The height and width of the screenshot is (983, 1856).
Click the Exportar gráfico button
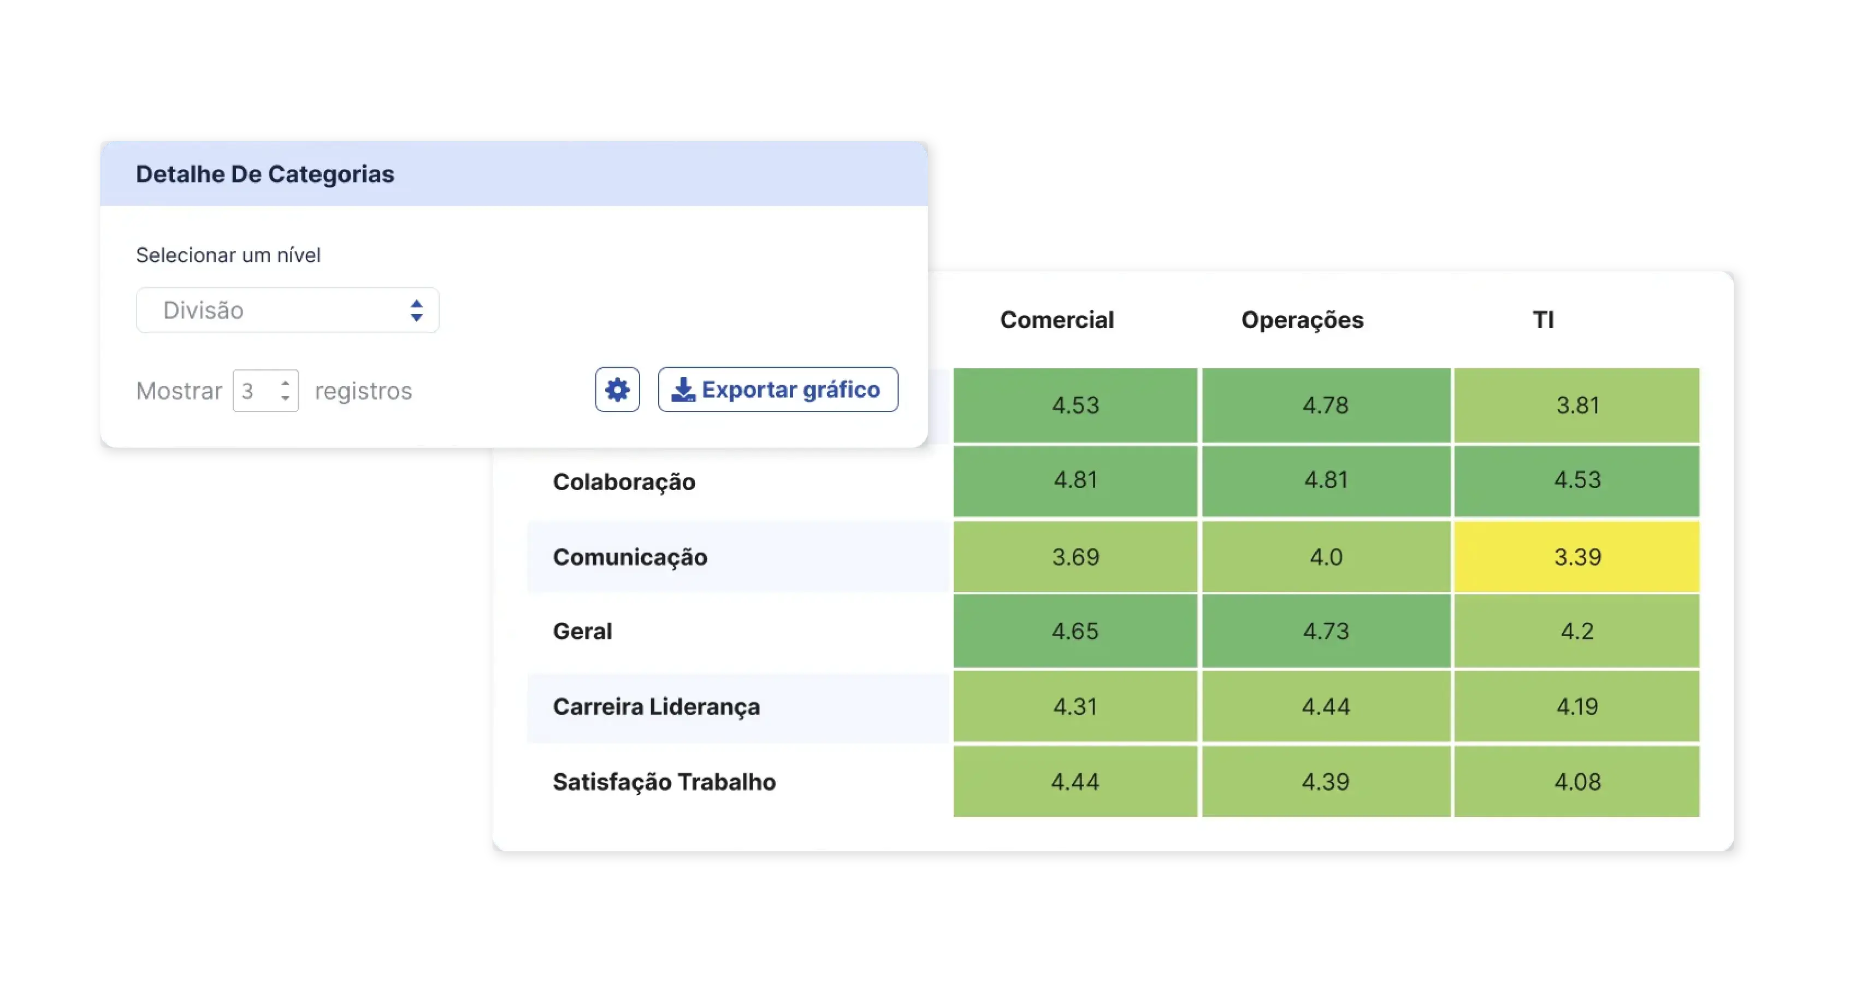tap(777, 390)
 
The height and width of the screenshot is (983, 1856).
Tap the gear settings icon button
tap(617, 390)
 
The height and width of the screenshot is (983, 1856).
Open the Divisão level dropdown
tap(287, 310)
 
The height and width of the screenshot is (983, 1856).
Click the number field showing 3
tap(264, 391)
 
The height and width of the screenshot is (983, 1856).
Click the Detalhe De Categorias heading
tap(264, 174)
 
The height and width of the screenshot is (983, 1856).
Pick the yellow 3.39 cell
tap(1576, 557)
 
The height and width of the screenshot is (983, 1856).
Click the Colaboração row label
tap(624, 482)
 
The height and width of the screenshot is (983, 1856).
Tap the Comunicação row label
tap(630, 557)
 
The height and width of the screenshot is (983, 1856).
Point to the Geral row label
tap(582, 631)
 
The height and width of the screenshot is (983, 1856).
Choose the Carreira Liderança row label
tap(655, 707)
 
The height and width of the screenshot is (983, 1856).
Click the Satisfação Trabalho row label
tap(664, 782)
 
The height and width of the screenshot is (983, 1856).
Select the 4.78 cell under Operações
tap(1325, 405)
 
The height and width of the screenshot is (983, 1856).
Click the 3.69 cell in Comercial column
tap(1075, 557)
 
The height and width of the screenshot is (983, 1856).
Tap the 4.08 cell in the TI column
tap(1576, 782)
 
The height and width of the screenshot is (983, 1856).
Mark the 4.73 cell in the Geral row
tap(1325, 631)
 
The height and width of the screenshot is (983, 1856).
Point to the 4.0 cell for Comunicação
tap(1325, 557)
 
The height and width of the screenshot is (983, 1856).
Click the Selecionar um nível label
tap(228, 255)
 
